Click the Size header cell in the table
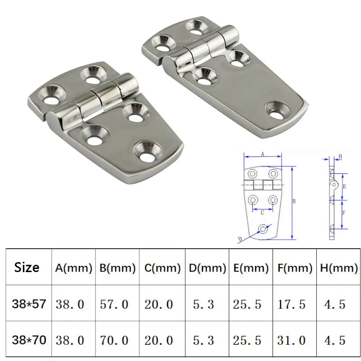[x=27, y=267]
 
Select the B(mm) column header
[x=117, y=268]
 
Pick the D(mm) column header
[x=207, y=268]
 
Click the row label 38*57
[x=29, y=304]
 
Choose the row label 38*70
[x=29, y=339]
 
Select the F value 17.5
[x=292, y=304]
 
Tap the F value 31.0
[x=292, y=340]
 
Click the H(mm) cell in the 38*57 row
[x=335, y=304]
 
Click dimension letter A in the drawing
[x=263, y=154]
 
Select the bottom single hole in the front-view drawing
[x=263, y=229]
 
